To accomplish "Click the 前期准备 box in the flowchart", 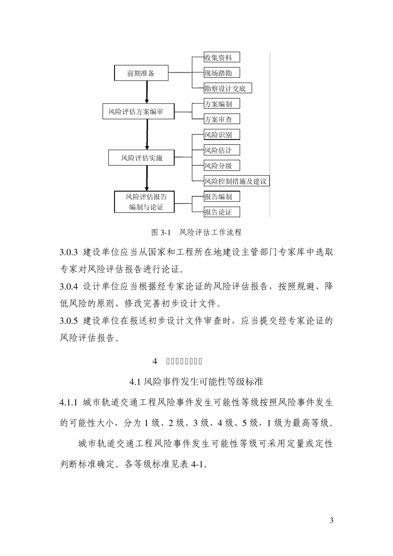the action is click(141, 73).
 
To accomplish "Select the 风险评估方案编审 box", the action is click(138, 112).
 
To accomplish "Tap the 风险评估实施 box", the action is click(141, 158).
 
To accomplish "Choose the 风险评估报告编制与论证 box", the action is click(144, 202).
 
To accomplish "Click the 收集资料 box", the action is click(222, 58).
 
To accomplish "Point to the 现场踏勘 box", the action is click(222, 73).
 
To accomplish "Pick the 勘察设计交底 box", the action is click(228, 88).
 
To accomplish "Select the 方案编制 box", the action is click(222, 104).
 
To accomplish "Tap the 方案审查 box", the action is click(222, 119).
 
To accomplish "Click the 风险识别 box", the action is click(222, 135).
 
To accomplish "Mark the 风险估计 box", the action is click(222, 150).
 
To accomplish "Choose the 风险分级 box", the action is click(222, 165).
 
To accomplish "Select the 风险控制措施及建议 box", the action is click(237, 181).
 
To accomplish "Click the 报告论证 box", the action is click(222, 212).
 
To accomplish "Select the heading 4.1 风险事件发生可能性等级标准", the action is click(196, 381).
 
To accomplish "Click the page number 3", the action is click(331, 520).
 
